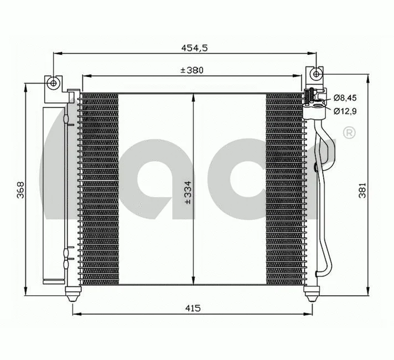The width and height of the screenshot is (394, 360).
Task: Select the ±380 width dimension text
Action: pyautogui.click(x=191, y=70)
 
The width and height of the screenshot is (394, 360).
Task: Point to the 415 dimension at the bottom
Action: pyautogui.click(x=193, y=308)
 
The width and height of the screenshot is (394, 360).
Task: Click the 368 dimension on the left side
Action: pyautogui.click(x=20, y=189)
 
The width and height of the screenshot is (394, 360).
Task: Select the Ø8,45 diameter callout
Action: pyautogui.click(x=345, y=98)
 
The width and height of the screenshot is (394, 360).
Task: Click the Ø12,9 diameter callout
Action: pyautogui.click(x=345, y=111)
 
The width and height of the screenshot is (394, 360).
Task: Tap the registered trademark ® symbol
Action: pyautogui.click(x=349, y=132)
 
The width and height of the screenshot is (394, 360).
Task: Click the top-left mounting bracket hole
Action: pyautogui.click(x=53, y=83)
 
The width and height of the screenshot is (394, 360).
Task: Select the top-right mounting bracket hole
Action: pyautogui.click(x=315, y=73)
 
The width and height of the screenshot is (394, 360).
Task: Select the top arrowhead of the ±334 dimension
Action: pyautogui.click(x=193, y=97)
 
